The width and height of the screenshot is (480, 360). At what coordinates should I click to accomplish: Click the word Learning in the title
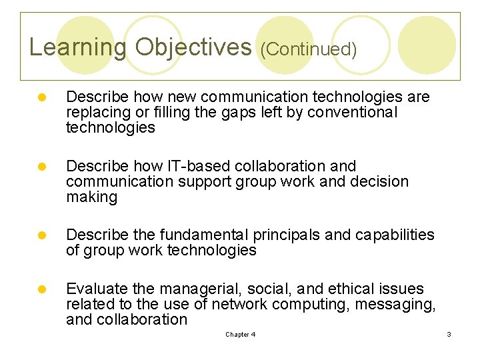77,47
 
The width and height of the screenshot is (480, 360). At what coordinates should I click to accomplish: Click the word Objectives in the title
193,47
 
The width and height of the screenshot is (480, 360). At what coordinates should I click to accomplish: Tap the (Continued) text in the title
308,49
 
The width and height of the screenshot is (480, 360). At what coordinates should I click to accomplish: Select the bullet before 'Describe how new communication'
41,97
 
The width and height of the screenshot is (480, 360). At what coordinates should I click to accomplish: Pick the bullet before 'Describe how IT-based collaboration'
41,166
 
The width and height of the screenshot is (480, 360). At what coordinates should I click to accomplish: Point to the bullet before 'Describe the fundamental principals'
41,235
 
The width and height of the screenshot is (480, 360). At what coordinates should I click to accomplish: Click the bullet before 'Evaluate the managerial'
41,289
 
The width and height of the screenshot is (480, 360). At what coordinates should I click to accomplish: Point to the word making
91,197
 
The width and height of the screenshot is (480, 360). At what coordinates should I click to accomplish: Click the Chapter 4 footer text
240,335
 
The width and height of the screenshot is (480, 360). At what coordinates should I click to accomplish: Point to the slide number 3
449,335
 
